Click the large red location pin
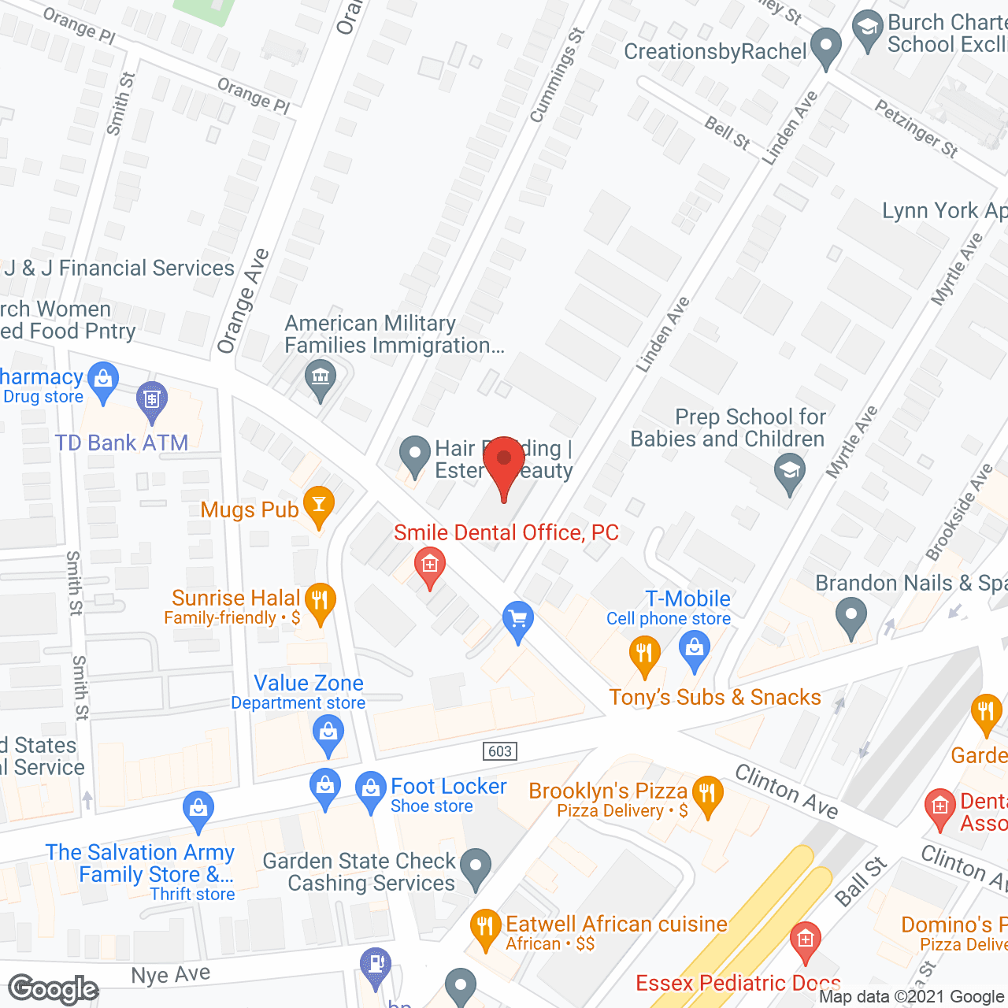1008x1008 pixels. (x=504, y=465)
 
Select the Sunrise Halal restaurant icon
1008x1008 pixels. (x=320, y=601)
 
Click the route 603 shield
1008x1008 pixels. (x=500, y=750)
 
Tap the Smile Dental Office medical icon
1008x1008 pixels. (x=429, y=565)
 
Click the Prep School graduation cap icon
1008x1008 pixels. (x=789, y=472)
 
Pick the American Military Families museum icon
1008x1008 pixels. (x=321, y=378)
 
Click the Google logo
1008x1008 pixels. (x=54, y=989)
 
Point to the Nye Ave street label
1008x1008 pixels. (x=171, y=975)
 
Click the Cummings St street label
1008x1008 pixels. (x=557, y=76)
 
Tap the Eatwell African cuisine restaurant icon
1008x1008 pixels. (x=485, y=927)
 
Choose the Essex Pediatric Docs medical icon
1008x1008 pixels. (x=805, y=940)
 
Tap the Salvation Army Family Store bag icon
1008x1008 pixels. (x=198, y=809)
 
